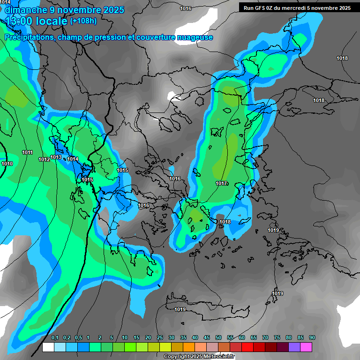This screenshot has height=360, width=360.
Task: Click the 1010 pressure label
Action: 7,164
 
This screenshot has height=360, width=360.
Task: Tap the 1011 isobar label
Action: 27,152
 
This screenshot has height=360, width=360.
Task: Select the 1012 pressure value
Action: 44,159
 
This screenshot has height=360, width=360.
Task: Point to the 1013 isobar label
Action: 56,157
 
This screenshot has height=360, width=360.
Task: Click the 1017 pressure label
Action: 222,183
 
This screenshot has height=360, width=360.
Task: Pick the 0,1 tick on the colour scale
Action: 55,337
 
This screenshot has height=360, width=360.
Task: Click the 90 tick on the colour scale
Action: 312,337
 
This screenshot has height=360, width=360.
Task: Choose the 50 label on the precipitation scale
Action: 218,337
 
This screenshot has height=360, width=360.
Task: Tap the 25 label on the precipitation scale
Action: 160,337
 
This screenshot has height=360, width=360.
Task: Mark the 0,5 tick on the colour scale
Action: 78,337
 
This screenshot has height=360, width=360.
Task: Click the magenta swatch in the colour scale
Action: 306,347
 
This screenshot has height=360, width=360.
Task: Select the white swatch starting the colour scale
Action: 48,347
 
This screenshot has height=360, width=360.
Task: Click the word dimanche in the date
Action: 25,9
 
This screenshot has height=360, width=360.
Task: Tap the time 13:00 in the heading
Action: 20,21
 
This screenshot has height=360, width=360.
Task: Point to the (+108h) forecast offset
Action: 83,21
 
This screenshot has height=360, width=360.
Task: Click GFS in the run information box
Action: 261,7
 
